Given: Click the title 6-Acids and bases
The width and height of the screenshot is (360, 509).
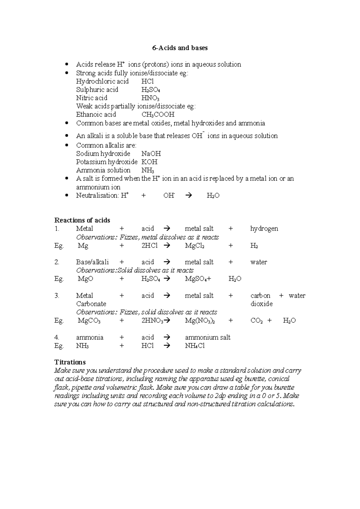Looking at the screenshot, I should tap(180, 48).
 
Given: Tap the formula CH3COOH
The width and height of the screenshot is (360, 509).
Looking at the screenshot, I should tap(158, 115).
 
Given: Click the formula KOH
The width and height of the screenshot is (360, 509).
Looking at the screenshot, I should tap(149, 162).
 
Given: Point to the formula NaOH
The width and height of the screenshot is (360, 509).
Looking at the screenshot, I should tap(151, 154).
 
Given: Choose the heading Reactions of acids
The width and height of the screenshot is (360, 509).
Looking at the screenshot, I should tap(82, 220).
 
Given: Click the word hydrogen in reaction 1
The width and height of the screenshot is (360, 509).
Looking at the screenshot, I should tap(264, 229).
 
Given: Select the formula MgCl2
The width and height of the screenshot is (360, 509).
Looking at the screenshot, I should tap(195, 246).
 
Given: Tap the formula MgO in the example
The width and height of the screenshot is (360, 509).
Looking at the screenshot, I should tap(85, 279).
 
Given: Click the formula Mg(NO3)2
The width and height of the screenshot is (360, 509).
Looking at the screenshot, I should tap(199, 320).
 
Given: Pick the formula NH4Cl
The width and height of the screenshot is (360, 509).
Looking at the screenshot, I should tap(195, 346).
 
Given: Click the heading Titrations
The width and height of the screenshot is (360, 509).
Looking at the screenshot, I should tap(70, 362).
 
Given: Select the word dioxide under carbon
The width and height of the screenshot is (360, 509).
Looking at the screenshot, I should tap(261, 304).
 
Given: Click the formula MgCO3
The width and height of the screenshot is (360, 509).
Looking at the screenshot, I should tap(89, 320).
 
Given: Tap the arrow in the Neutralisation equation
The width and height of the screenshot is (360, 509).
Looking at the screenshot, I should tap(189, 196).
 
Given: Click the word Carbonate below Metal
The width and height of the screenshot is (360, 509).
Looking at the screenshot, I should tap(91, 304).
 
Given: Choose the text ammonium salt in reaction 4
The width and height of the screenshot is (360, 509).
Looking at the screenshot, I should tap(208, 338).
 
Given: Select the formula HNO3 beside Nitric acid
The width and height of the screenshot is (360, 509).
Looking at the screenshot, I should tap(150, 98).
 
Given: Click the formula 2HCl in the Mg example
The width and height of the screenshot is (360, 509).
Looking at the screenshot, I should tap(149, 246).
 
